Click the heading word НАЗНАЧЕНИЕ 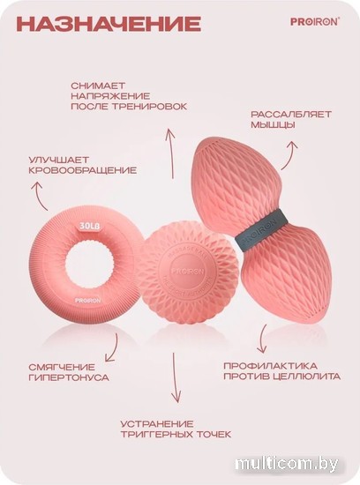click(109, 24)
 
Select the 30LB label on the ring click(89, 226)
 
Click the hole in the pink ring click(89, 265)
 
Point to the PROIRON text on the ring click(88, 300)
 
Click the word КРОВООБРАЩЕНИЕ click(82, 170)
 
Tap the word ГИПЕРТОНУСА click(69, 377)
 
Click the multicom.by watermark click(287, 464)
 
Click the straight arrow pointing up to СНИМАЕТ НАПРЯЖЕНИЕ click(169, 154)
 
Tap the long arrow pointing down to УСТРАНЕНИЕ click(176, 377)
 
